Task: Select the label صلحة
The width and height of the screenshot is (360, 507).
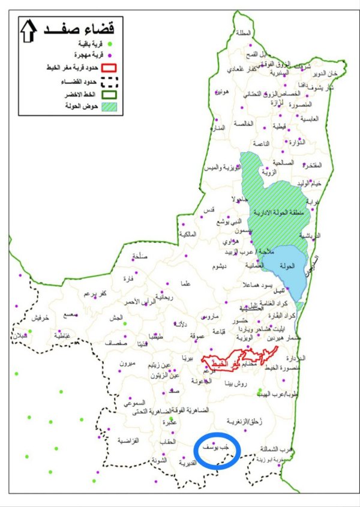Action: pos(139,256)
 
